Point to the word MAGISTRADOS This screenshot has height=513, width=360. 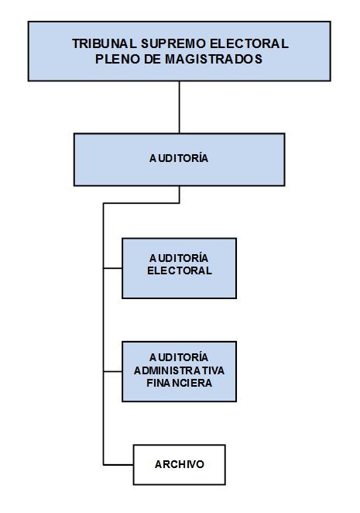point(214,59)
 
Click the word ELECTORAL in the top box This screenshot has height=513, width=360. point(249,43)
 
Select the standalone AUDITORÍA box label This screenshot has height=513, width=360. point(179,158)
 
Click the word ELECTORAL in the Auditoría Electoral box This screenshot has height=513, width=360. point(180,270)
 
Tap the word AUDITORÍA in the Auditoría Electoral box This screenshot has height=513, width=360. point(179,258)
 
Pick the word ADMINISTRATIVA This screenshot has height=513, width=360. point(179,370)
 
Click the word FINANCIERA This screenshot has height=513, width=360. point(179,383)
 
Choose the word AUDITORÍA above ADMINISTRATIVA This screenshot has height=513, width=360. point(179,357)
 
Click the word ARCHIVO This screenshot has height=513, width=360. point(180,464)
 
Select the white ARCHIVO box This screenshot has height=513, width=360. point(179,465)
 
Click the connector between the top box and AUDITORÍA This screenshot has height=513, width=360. point(179,107)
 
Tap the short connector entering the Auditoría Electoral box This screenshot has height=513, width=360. point(113,268)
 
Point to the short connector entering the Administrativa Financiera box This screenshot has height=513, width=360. point(113,371)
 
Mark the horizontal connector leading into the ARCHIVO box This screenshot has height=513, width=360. point(118,465)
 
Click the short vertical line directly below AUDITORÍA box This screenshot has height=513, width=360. point(179,195)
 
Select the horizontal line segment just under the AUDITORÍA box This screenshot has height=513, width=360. point(141,203)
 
